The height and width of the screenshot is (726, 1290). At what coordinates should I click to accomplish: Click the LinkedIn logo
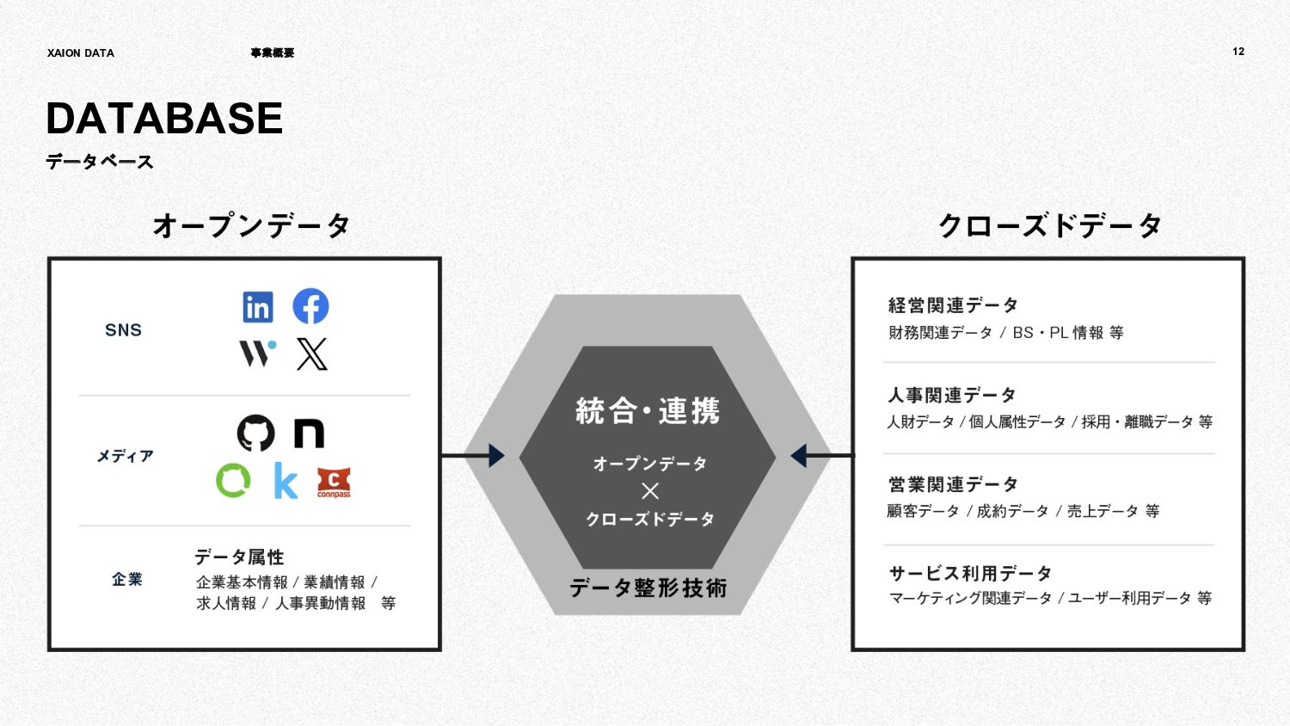tap(258, 306)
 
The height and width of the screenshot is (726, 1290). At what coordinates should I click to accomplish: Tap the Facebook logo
tap(310, 306)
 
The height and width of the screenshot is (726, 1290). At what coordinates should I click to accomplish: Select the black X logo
tap(312, 354)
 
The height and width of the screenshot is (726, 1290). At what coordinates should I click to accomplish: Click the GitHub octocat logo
tap(255, 433)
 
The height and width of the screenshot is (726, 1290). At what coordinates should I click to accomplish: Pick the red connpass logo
tap(334, 483)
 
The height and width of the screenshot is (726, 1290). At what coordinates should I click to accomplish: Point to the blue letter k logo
tap(286, 481)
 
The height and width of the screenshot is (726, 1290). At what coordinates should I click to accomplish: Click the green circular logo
tap(233, 480)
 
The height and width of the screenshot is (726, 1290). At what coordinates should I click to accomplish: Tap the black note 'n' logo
tap(309, 433)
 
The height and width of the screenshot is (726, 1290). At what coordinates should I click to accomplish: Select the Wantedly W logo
tap(257, 353)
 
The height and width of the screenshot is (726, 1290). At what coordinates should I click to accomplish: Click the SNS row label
tap(123, 330)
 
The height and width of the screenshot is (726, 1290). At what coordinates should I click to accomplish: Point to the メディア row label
tap(125, 456)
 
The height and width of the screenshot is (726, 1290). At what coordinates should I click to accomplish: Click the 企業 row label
tap(126, 580)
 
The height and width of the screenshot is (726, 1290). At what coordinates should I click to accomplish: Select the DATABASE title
tap(164, 119)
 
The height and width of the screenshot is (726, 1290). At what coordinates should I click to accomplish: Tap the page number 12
tap(1238, 52)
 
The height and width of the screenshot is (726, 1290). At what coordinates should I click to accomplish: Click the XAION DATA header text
tap(81, 53)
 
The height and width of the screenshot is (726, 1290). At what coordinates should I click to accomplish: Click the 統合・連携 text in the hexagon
tap(648, 410)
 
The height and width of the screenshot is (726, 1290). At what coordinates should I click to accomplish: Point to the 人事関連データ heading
tap(952, 395)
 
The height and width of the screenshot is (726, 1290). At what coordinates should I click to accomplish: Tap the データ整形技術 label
tap(648, 588)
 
